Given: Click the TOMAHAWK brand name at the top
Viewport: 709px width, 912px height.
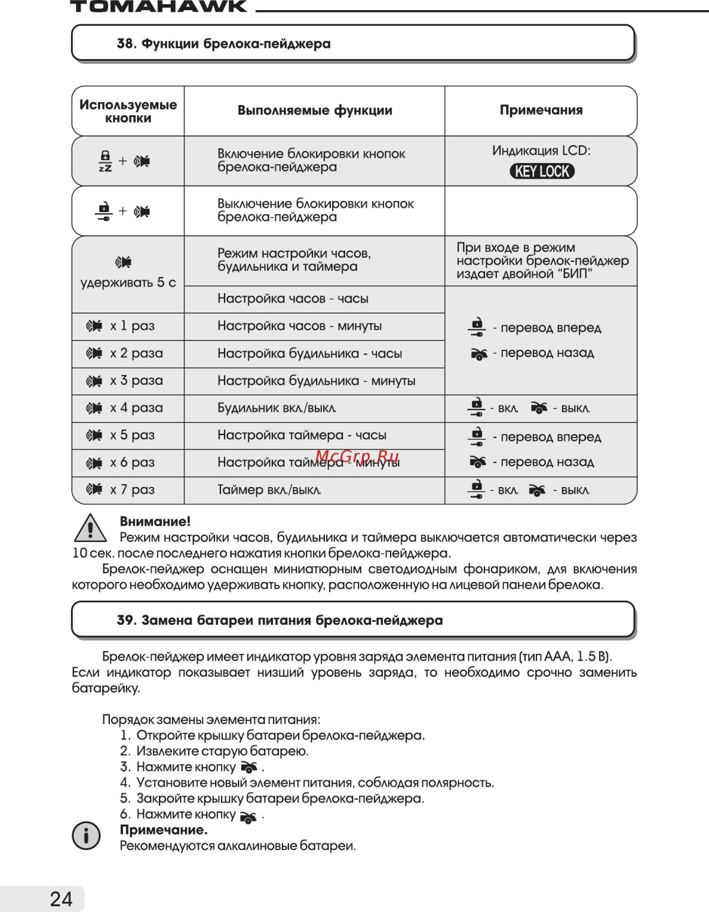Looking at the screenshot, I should click(x=158, y=7).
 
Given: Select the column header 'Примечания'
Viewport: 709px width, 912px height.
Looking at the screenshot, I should click(x=541, y=110).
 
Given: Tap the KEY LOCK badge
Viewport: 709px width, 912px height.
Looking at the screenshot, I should click(x=542, y=171).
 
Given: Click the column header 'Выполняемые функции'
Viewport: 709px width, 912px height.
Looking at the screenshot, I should click(x=314, y=110).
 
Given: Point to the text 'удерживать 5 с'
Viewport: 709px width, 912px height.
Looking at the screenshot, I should click(x=128, y=283).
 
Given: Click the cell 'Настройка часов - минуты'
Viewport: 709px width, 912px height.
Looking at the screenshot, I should click(x=299, y=326).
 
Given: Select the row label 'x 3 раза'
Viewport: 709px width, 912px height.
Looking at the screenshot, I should click(x=136, y=381).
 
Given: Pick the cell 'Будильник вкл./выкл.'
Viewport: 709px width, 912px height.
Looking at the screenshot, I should click(x=277, y=408).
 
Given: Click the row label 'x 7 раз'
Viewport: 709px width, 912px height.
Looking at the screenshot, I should click(x=132, y=489).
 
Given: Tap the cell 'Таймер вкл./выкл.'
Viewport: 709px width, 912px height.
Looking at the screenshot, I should click(x=269, y=489).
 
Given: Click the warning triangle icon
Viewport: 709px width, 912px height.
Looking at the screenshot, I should click(x=90, y=528).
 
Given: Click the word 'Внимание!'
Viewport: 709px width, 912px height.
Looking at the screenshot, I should click(x=155, y=521).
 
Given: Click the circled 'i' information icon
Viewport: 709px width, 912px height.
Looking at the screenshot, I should click(x=86, y=836).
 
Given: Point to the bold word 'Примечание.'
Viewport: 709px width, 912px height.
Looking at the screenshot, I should click(x=164, y=830).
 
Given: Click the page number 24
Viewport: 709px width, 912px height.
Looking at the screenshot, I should click(x=61, y=899).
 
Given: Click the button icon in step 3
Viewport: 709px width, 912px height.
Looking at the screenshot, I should click(x=249, y=767).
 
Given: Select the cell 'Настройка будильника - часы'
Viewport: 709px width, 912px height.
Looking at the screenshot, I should click(x=309, y=353).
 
